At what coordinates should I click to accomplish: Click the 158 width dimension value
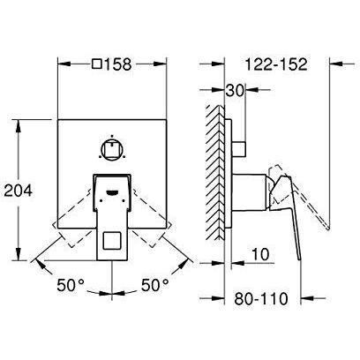coord(117,64)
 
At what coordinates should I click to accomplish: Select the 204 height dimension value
coord(19,191)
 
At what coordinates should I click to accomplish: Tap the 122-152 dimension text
coord(276,64)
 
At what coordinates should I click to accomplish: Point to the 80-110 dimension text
coord(261,298)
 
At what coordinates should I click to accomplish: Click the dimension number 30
coord(235,90)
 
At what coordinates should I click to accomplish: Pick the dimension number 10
coord(260,254)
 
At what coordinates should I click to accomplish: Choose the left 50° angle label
coord(71,285)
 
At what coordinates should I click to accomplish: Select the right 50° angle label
coord(155,285)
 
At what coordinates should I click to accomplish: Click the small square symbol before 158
coord(97,64)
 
